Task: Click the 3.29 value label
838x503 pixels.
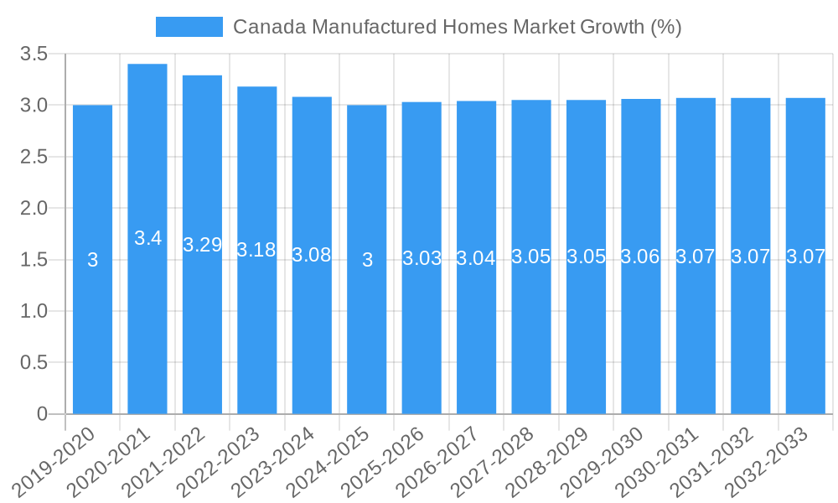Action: point(202,245)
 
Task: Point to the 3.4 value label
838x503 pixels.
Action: point(147,238)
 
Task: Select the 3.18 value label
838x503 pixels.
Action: point(256,250)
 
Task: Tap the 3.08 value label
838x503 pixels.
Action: point(312,255)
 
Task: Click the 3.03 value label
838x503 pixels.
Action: point(422,258)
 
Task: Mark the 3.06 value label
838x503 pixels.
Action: point(641,257)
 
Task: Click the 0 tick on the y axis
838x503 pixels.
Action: point(43,414)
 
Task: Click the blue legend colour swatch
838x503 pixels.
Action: point(189,27)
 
